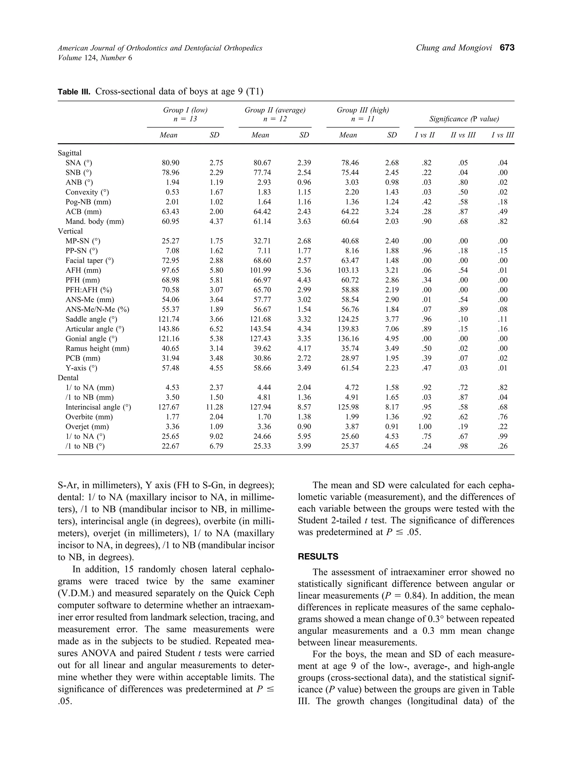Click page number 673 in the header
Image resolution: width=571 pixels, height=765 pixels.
coord(507,48)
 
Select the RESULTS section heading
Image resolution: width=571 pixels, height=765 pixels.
coord(318,557)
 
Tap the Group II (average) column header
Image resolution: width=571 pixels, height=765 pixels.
coord(275,110)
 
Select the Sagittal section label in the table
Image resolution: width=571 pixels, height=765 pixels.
coord(70,153)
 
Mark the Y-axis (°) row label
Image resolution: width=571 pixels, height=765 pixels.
coord(81,368)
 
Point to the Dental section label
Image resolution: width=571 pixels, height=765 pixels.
coord(68,378)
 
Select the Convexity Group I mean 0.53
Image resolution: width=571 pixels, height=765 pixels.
coord(172,192)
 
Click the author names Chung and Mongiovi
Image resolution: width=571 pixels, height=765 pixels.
coord(454,48)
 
